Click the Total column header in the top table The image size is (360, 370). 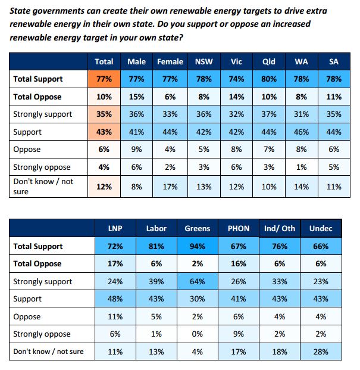104,62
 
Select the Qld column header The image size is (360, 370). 268,62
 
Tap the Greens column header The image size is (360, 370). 198,228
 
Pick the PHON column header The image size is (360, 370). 239,228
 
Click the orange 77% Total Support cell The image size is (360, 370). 104,79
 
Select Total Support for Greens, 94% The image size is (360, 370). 198,246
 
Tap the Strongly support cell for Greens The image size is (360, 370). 198,281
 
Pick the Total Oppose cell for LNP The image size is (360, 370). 114,263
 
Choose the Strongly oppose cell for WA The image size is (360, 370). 301,167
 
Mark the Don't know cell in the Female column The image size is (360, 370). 170,186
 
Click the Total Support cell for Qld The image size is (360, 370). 268,79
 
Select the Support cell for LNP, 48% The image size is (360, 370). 114,299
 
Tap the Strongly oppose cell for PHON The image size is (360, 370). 239,334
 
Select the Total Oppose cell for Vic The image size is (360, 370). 236,97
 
